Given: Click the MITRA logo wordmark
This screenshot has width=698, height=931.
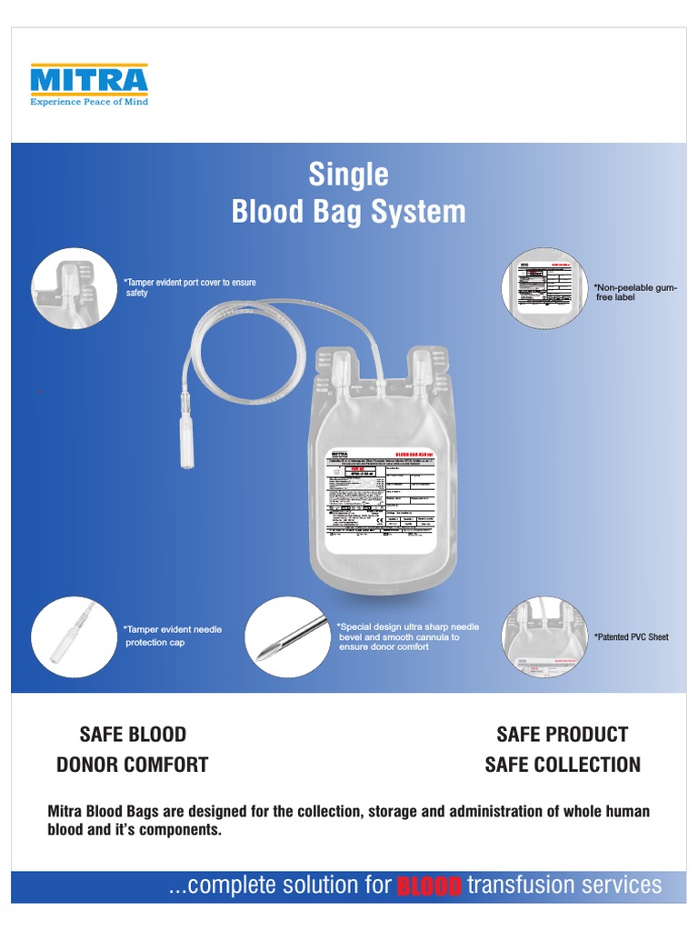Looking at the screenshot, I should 88,80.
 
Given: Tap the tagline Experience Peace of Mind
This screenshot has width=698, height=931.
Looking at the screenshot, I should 88,102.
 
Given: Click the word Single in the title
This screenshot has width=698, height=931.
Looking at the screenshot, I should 348,174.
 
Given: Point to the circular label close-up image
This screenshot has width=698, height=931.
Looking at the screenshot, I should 544,286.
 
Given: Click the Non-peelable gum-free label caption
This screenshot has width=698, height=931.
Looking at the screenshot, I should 635,292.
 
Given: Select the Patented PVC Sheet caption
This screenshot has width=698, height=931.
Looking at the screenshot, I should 632,637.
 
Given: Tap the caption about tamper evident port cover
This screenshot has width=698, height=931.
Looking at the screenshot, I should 191,287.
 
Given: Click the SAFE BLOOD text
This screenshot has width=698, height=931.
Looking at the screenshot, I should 133,734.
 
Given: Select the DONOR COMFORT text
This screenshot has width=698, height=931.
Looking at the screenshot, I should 133,765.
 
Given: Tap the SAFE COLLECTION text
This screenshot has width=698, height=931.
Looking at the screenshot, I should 563,765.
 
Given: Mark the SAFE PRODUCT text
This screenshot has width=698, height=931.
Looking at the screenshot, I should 563,734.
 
